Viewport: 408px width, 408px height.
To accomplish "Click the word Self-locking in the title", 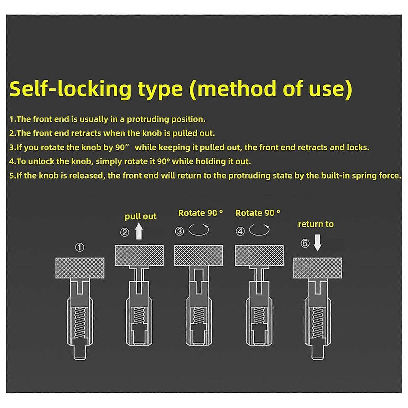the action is point(70,89).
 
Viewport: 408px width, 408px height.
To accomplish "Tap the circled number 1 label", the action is point(80,247).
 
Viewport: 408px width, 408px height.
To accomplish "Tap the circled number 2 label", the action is point(124,233).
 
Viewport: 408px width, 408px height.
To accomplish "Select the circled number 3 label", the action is point(180,231).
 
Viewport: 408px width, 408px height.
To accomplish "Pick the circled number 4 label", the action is point(240,231).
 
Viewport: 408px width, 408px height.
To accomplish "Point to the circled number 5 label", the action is point(305,243).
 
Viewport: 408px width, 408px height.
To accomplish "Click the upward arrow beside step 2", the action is point(139,231).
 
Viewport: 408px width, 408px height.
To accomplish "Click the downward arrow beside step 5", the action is point(317,243).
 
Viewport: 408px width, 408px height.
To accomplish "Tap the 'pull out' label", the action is point(140,217).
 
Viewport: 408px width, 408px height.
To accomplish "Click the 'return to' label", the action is point(316,224).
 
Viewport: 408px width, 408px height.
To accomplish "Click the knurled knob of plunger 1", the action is point(80,268).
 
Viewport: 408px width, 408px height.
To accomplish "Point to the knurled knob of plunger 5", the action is point(318,268).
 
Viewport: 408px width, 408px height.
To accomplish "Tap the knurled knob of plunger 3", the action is point(199,255).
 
